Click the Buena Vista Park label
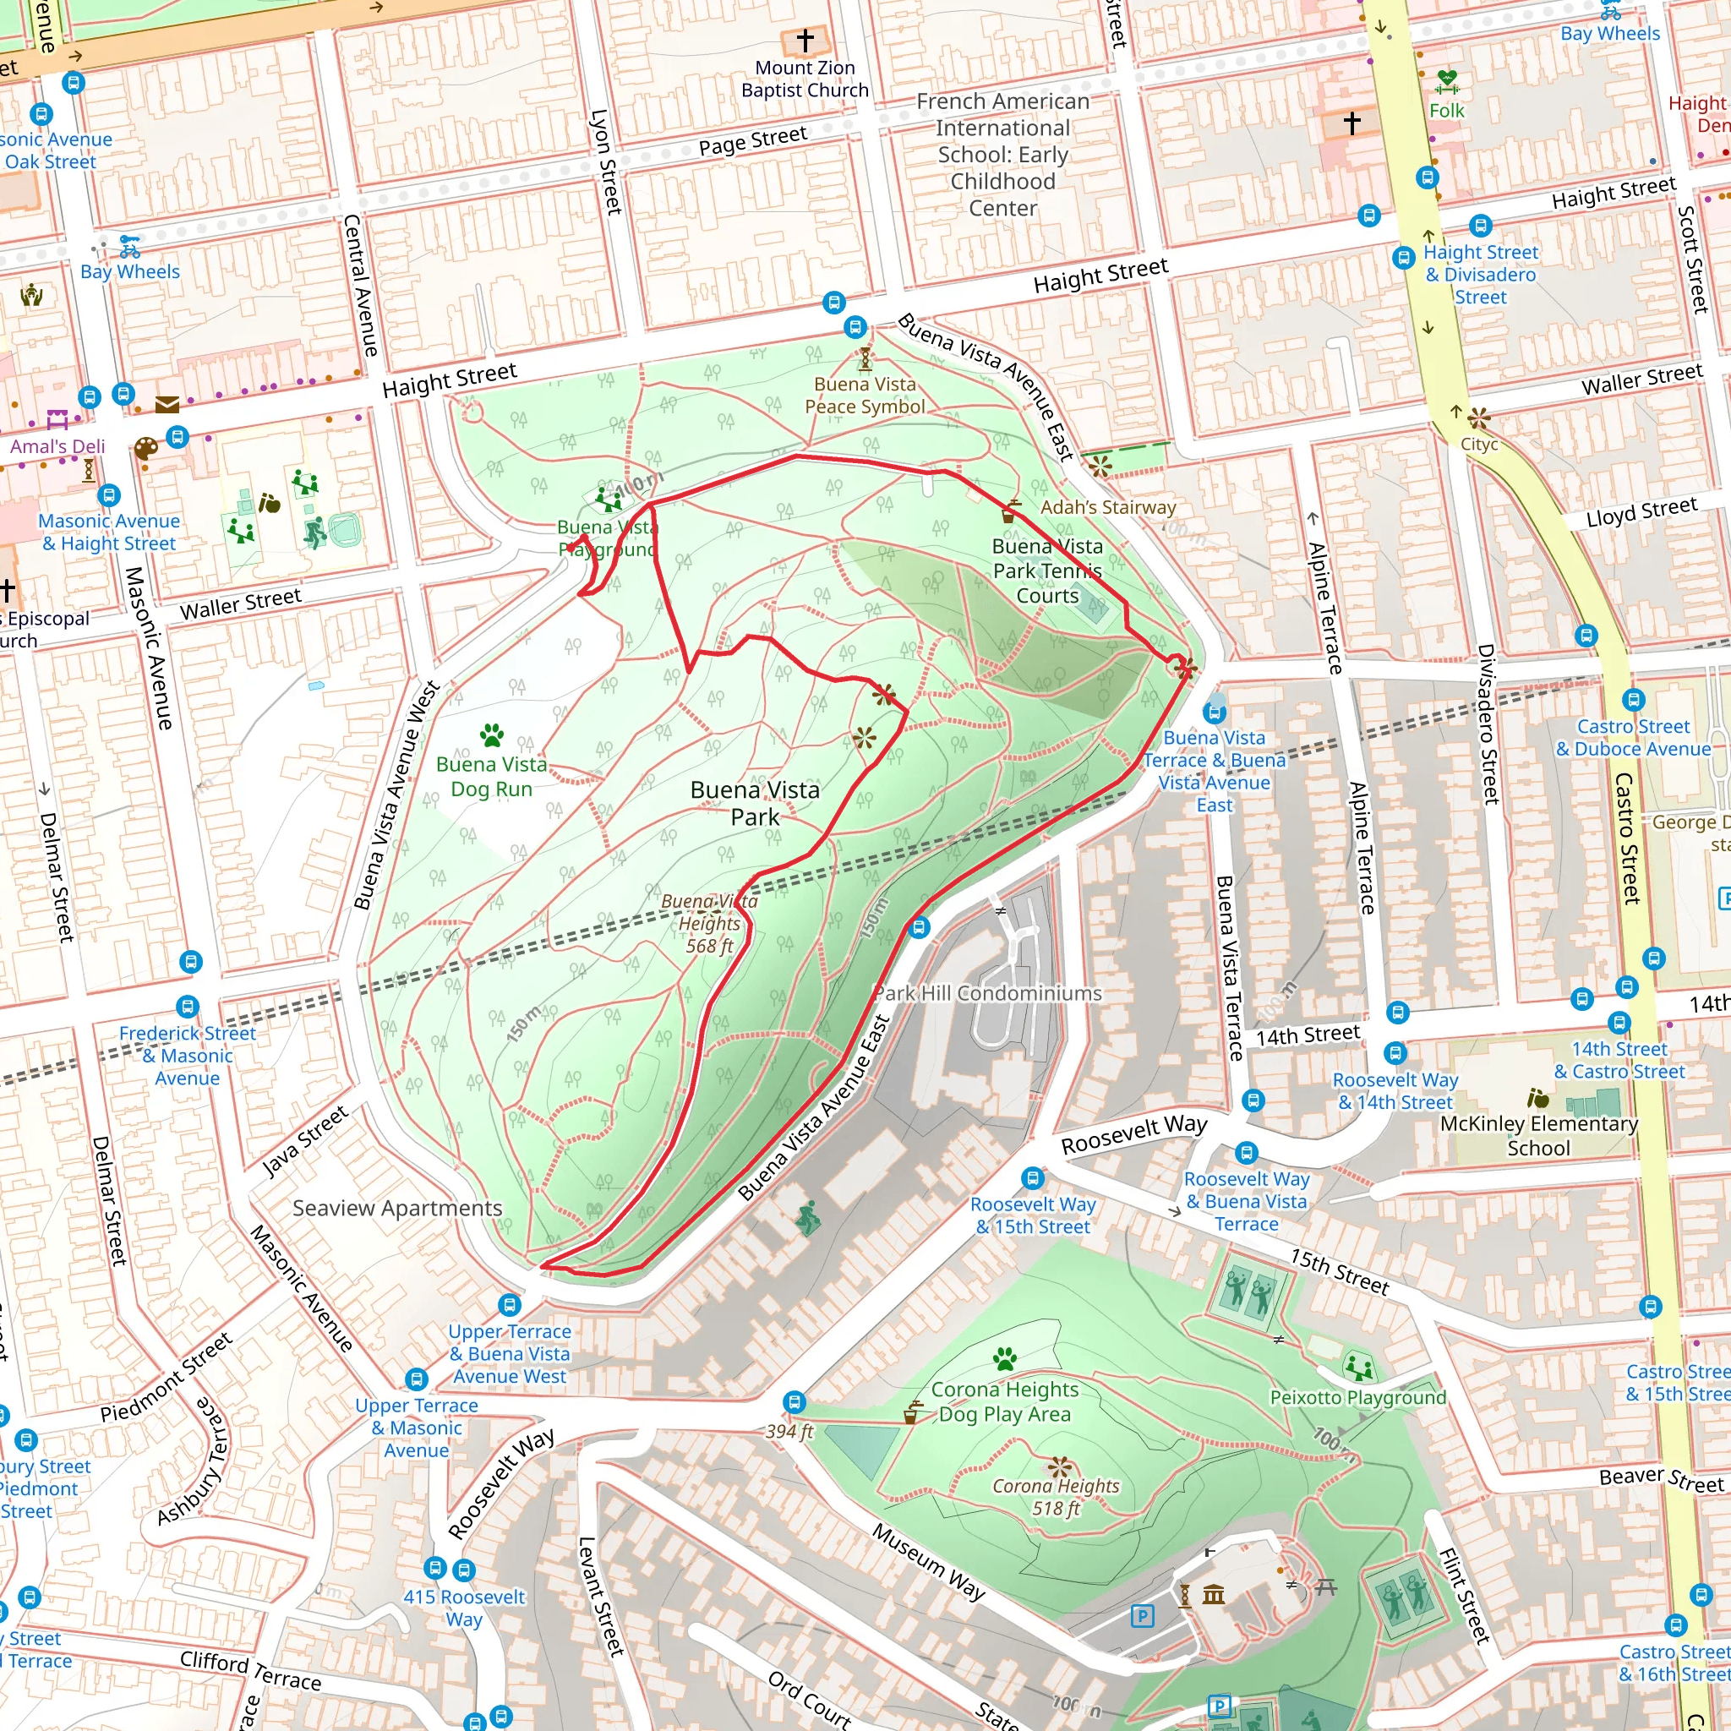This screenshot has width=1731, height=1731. (755, 803)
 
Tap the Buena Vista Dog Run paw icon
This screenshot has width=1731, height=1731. (491, 735)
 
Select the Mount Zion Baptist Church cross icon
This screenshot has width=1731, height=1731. (804, 41)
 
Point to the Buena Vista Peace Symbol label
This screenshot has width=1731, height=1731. (864, 395)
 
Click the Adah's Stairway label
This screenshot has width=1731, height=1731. (1107, 507)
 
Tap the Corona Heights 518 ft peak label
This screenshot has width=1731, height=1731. (1056, 1496)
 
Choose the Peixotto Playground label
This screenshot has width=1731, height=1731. (1357, 1397)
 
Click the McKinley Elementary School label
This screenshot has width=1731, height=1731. (1537, 1135)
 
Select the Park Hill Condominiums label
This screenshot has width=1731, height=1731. (987, 993)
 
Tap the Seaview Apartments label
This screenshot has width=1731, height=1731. (397, 1208)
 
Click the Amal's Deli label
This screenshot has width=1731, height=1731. (57, 446)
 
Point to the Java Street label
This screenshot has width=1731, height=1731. (304, 1140)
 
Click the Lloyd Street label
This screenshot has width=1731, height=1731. (1641, 512)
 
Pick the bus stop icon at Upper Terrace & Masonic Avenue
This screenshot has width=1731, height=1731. (416, 1379)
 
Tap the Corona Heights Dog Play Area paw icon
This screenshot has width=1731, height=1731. (1004, 1359)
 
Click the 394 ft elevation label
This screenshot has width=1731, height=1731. (789, 1431)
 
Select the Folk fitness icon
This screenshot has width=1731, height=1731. (1446, 83)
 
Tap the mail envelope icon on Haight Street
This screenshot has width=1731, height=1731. (167, 405)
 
